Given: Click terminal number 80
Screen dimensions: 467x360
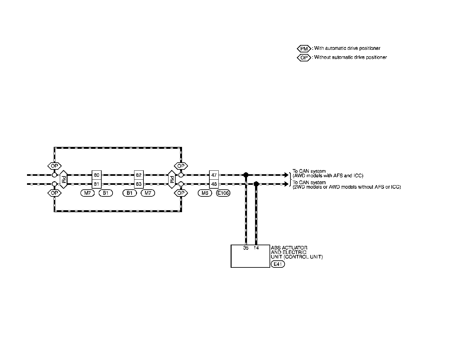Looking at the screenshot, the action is pyautogui.click(x=96, y=175).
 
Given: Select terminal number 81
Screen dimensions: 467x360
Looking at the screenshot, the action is pyautogui.click(x=96, y=184).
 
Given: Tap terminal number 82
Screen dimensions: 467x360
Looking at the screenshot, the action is pyautogui.click(x=139, y=175).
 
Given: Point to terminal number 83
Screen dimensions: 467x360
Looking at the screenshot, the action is pyautogui.click(x=139, y=184).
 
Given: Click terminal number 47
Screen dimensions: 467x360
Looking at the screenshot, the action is pyautogui.click(x=214, y=175).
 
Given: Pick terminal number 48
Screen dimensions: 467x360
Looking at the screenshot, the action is pyautogui.click(x=214, y=184).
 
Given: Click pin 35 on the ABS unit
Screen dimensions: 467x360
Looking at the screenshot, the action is pyautogui.click(x=246, y=248).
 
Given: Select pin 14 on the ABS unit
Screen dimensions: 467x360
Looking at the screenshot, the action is pyautogui.click(x=256, y=248).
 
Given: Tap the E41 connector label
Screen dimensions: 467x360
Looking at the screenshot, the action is pyautogui.click(x=278, y=265).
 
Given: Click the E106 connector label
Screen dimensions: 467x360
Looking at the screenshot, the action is pyautogui.click(x=223, y=193).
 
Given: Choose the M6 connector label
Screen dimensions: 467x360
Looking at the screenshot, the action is pyautogui.click(x=205, y=193).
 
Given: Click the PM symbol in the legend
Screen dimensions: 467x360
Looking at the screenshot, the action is pyautogui.click(x=304, y=49).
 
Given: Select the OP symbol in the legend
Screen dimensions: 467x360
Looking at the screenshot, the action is pyautogui.click(x=304, y=58).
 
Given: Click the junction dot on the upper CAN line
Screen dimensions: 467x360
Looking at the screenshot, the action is pyautogui.click(x=246, y=175).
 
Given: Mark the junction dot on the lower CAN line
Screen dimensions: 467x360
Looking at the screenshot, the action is pyautogui.click(x=256, y=184).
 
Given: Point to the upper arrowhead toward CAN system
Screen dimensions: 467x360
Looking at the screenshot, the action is pyautogui.click(x=286, y=175).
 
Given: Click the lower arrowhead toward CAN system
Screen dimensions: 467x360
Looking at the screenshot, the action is pyautogui.click(x=286, y=184).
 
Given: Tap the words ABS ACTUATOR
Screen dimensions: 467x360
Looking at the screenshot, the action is pyautogui.click(x=289, y=248).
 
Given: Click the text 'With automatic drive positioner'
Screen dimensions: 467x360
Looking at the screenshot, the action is pyautogui.click(x=347, y=48).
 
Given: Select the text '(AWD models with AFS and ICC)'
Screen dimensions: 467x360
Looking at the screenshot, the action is pyautogui.click(x=328, y=176).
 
